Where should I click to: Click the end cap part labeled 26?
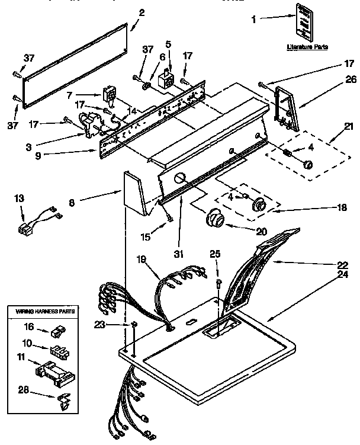[x=285, y=106]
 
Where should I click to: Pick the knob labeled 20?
[x=216, y=221]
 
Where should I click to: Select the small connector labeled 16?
[x=58, y=329]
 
